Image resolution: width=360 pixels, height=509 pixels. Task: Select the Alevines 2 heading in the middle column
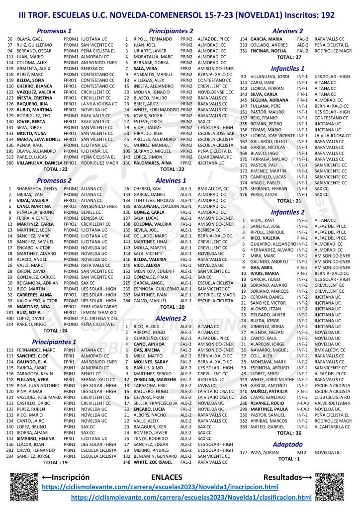coord(171,318)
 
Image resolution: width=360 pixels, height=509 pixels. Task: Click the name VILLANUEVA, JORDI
coord(271,77)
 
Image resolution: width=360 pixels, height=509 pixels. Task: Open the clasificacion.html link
coord(191,497)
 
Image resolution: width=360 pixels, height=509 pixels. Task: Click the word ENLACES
coord(167,477)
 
